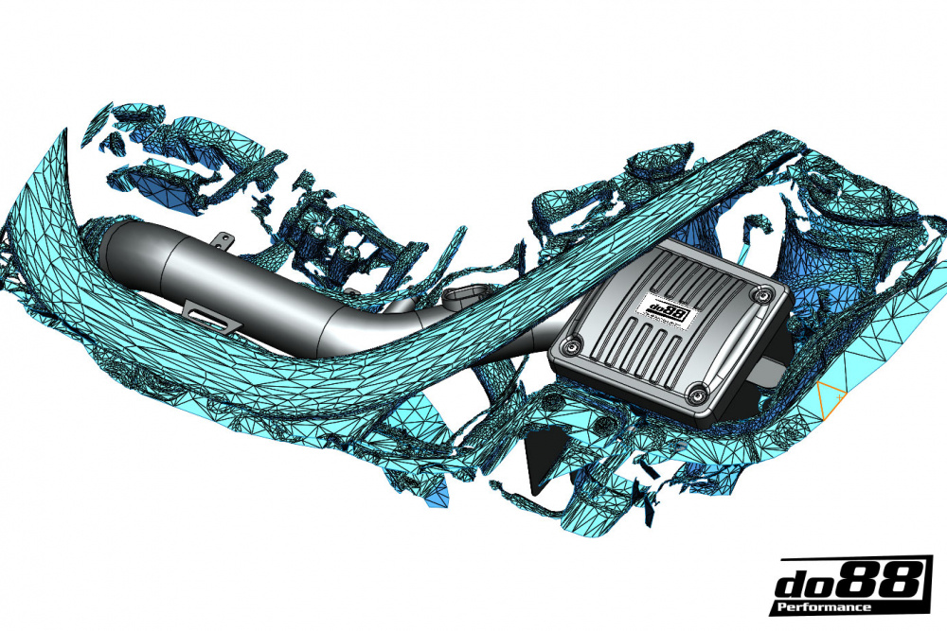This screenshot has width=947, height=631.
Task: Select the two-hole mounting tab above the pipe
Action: click(223, 244)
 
